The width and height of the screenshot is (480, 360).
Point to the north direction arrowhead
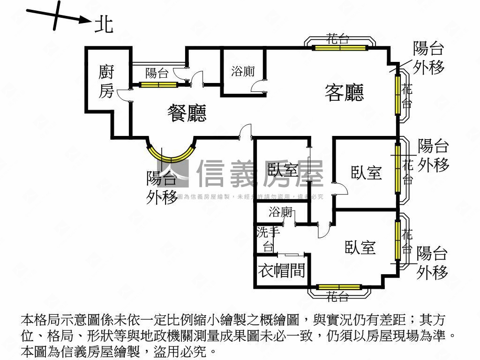84,20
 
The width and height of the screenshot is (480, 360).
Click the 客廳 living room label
345,93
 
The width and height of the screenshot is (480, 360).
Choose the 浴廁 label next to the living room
243,72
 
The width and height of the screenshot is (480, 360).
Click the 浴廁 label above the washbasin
281,213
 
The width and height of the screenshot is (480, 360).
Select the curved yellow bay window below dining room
171,153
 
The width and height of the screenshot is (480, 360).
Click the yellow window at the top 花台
340,47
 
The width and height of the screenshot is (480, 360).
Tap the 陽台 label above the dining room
157,73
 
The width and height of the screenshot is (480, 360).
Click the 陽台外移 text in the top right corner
428,58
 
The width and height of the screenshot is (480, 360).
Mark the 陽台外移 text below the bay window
162,187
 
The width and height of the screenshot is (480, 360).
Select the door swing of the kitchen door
123,95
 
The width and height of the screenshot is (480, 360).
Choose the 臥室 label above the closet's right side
360,247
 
